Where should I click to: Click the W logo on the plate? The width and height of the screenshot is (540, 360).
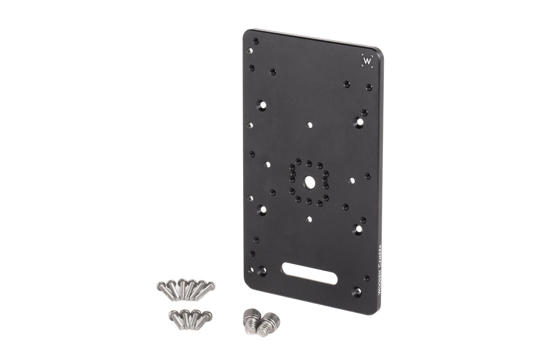pyautogui.click(x=367, y=61)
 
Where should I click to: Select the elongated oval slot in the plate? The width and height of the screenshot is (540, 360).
pyautogui.click(x=309, y=273)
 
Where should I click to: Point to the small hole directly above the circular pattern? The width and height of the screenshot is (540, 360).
pyautogui.click(x=309, y=125)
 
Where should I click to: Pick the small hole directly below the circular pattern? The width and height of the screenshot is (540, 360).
pyautogui.click(x=309, y=220)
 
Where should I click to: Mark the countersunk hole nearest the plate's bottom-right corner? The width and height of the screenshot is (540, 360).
pyautogui.click(x=356, y=292)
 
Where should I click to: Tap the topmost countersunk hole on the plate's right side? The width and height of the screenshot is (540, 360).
pyautogui.click(x=359, y=121)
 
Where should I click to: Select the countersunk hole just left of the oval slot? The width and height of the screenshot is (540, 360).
pyautogui.click(x=262, y=271)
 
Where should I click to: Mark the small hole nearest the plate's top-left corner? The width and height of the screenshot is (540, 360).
pyautogui.click(x=255, y=41)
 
